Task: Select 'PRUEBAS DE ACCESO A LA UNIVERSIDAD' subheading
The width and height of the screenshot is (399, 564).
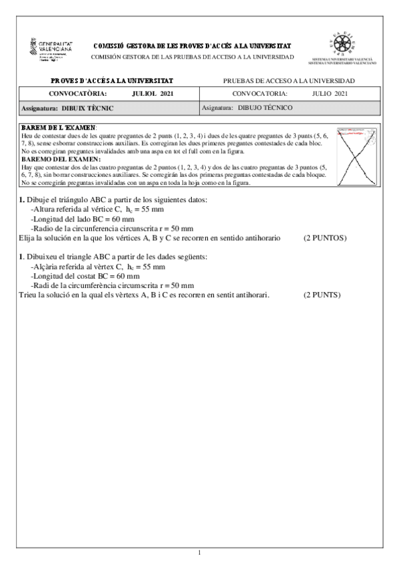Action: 289,80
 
